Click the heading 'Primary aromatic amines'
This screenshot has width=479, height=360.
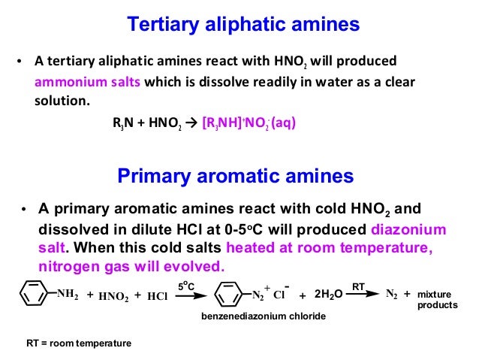[x=235, y=177]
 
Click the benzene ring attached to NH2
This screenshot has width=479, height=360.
[x=34, y=293]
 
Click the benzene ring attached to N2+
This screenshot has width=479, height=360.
[x=227, y=293]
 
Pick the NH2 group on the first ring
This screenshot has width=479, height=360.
[x=68, y=294]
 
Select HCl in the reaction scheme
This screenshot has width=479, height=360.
[x=157, y=295]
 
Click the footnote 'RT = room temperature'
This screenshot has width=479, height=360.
[x=78, y=343]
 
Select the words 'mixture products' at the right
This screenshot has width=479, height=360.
[x=436, y=300]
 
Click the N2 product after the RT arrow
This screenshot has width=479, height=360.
[x=392, y=294]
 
